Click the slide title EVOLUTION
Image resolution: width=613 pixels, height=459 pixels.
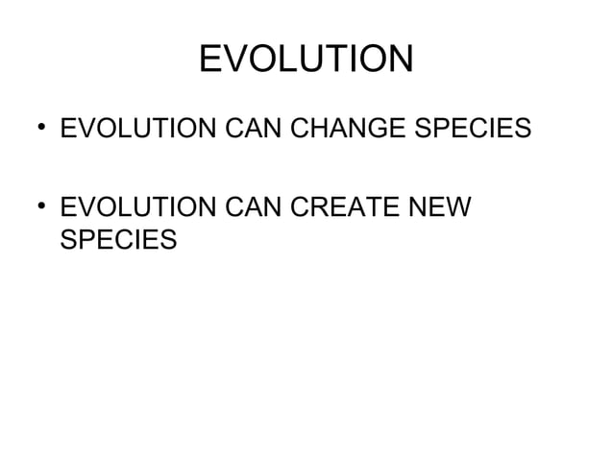[x=306, y=60]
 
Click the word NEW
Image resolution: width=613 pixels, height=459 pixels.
[x=441, y=206]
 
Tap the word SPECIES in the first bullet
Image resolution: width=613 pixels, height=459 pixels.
[x=475, y=128]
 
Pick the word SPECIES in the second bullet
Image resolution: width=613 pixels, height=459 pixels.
[x=118, y=239]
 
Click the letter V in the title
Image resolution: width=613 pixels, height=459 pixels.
[x=238, y=60]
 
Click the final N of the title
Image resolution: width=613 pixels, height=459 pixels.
[x=400, y=60]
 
